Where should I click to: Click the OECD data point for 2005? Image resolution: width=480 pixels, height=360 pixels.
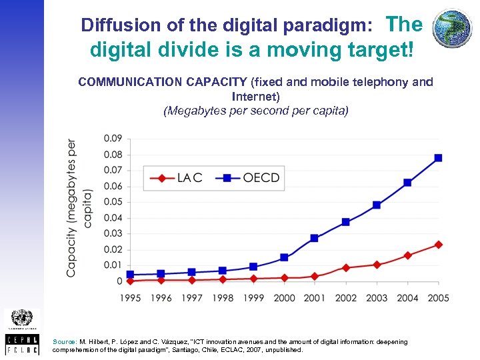click(438, 158)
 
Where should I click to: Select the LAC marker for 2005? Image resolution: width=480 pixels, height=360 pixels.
click(438, 245)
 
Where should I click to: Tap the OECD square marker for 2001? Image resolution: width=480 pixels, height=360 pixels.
click(315, 238)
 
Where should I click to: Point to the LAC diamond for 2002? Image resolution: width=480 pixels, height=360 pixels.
click(345, 267)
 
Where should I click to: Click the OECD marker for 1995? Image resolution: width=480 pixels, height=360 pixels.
click(130, 274)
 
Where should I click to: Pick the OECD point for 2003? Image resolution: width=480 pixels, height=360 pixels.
click(376, 205)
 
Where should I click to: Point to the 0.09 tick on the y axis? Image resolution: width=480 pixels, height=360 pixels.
click(113, 139)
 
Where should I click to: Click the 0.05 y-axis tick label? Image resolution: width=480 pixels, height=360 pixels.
click(113, 202)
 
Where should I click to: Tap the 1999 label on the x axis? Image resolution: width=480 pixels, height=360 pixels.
click(253, 297)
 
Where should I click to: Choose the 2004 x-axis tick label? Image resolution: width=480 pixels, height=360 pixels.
click(407, 297)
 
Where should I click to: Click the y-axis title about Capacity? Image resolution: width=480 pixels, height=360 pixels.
click(78, 208)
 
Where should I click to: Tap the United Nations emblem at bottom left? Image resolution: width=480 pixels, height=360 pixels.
click(22, 319)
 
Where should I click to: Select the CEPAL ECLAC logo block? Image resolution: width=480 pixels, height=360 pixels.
click(22, 343)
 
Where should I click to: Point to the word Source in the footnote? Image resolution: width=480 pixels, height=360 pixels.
click(64, 341)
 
